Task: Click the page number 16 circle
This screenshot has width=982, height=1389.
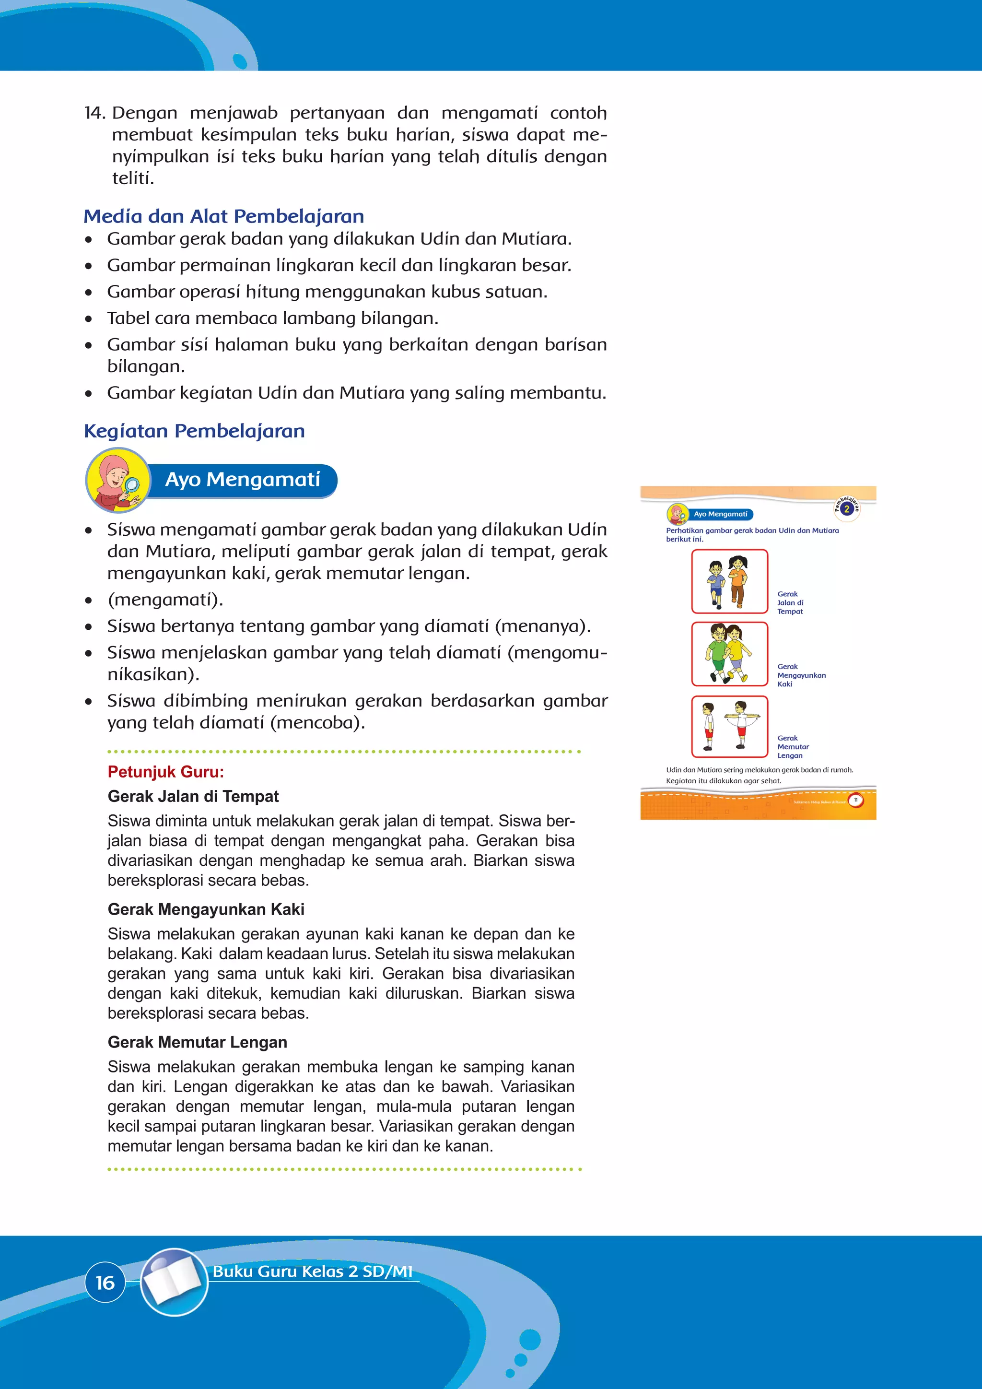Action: point(105,1282)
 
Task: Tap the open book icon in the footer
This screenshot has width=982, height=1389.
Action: point(174,1281)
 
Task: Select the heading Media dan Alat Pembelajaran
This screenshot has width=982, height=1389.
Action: point(224,216)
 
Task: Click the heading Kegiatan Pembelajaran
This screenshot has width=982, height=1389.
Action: point(194,431)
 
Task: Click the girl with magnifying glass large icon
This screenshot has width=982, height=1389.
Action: point(118,480)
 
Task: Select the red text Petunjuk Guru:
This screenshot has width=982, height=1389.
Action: point(166,772)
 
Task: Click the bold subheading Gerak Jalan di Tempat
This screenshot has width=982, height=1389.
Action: point(193,796)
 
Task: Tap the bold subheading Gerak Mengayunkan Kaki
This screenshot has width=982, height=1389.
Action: point(206,909)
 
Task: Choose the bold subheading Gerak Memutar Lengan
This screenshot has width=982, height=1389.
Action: point(197,1042)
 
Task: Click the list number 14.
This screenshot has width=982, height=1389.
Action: point(95,113)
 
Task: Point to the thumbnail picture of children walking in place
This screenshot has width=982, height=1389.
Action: point(729,581)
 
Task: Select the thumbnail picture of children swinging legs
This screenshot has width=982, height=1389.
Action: point(729,654)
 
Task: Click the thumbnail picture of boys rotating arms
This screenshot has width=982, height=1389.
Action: point(729,727)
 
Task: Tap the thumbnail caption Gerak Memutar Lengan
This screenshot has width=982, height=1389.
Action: point(793,746)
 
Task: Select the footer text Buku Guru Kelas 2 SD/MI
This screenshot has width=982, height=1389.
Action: point(312,1271)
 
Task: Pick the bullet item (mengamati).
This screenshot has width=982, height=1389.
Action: point(165,600)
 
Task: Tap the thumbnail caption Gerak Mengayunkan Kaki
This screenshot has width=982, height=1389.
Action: point(801,675)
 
